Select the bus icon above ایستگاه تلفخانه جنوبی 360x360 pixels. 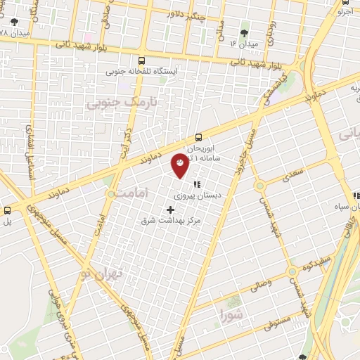click(x=142, y=60)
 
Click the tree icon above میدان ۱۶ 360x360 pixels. click(x=244, y=33)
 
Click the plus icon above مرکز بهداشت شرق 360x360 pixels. click(x=170, y=209)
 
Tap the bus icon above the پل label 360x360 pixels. click(x=8, y=210)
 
